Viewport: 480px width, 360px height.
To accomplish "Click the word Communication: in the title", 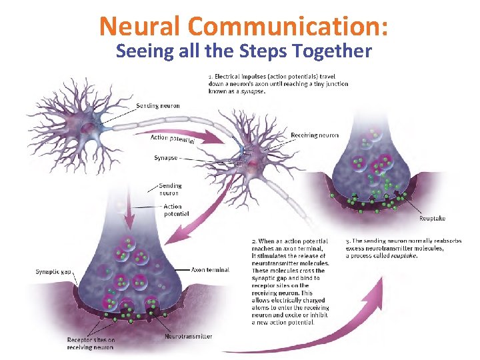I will tap(289, 26).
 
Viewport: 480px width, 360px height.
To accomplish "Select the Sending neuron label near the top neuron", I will tap(157, 106).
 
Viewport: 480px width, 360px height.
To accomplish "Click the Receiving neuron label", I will tap(315, 135).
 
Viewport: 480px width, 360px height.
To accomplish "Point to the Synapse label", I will tap(165, 158).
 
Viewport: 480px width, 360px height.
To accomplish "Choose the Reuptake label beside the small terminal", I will tap(432, 219).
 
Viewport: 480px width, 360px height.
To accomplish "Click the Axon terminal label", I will tap(210, 270).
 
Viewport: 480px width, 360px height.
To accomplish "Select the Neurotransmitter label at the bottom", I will tap(189, 336).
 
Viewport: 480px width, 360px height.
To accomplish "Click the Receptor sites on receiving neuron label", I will tap(91, 344).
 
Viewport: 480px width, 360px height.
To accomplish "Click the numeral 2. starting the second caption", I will tap(254, 241).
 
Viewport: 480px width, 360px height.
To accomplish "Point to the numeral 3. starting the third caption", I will tap(348, 241).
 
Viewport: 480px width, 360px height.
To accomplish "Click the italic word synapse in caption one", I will tap(254, 92).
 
